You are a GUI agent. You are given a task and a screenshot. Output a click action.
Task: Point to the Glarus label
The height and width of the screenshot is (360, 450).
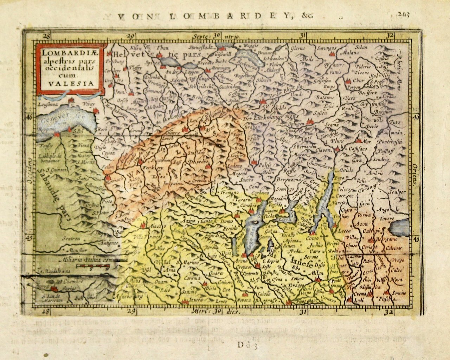point(298,49)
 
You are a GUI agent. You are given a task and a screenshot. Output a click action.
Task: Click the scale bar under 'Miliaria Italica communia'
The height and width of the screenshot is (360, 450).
point(93,268)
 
